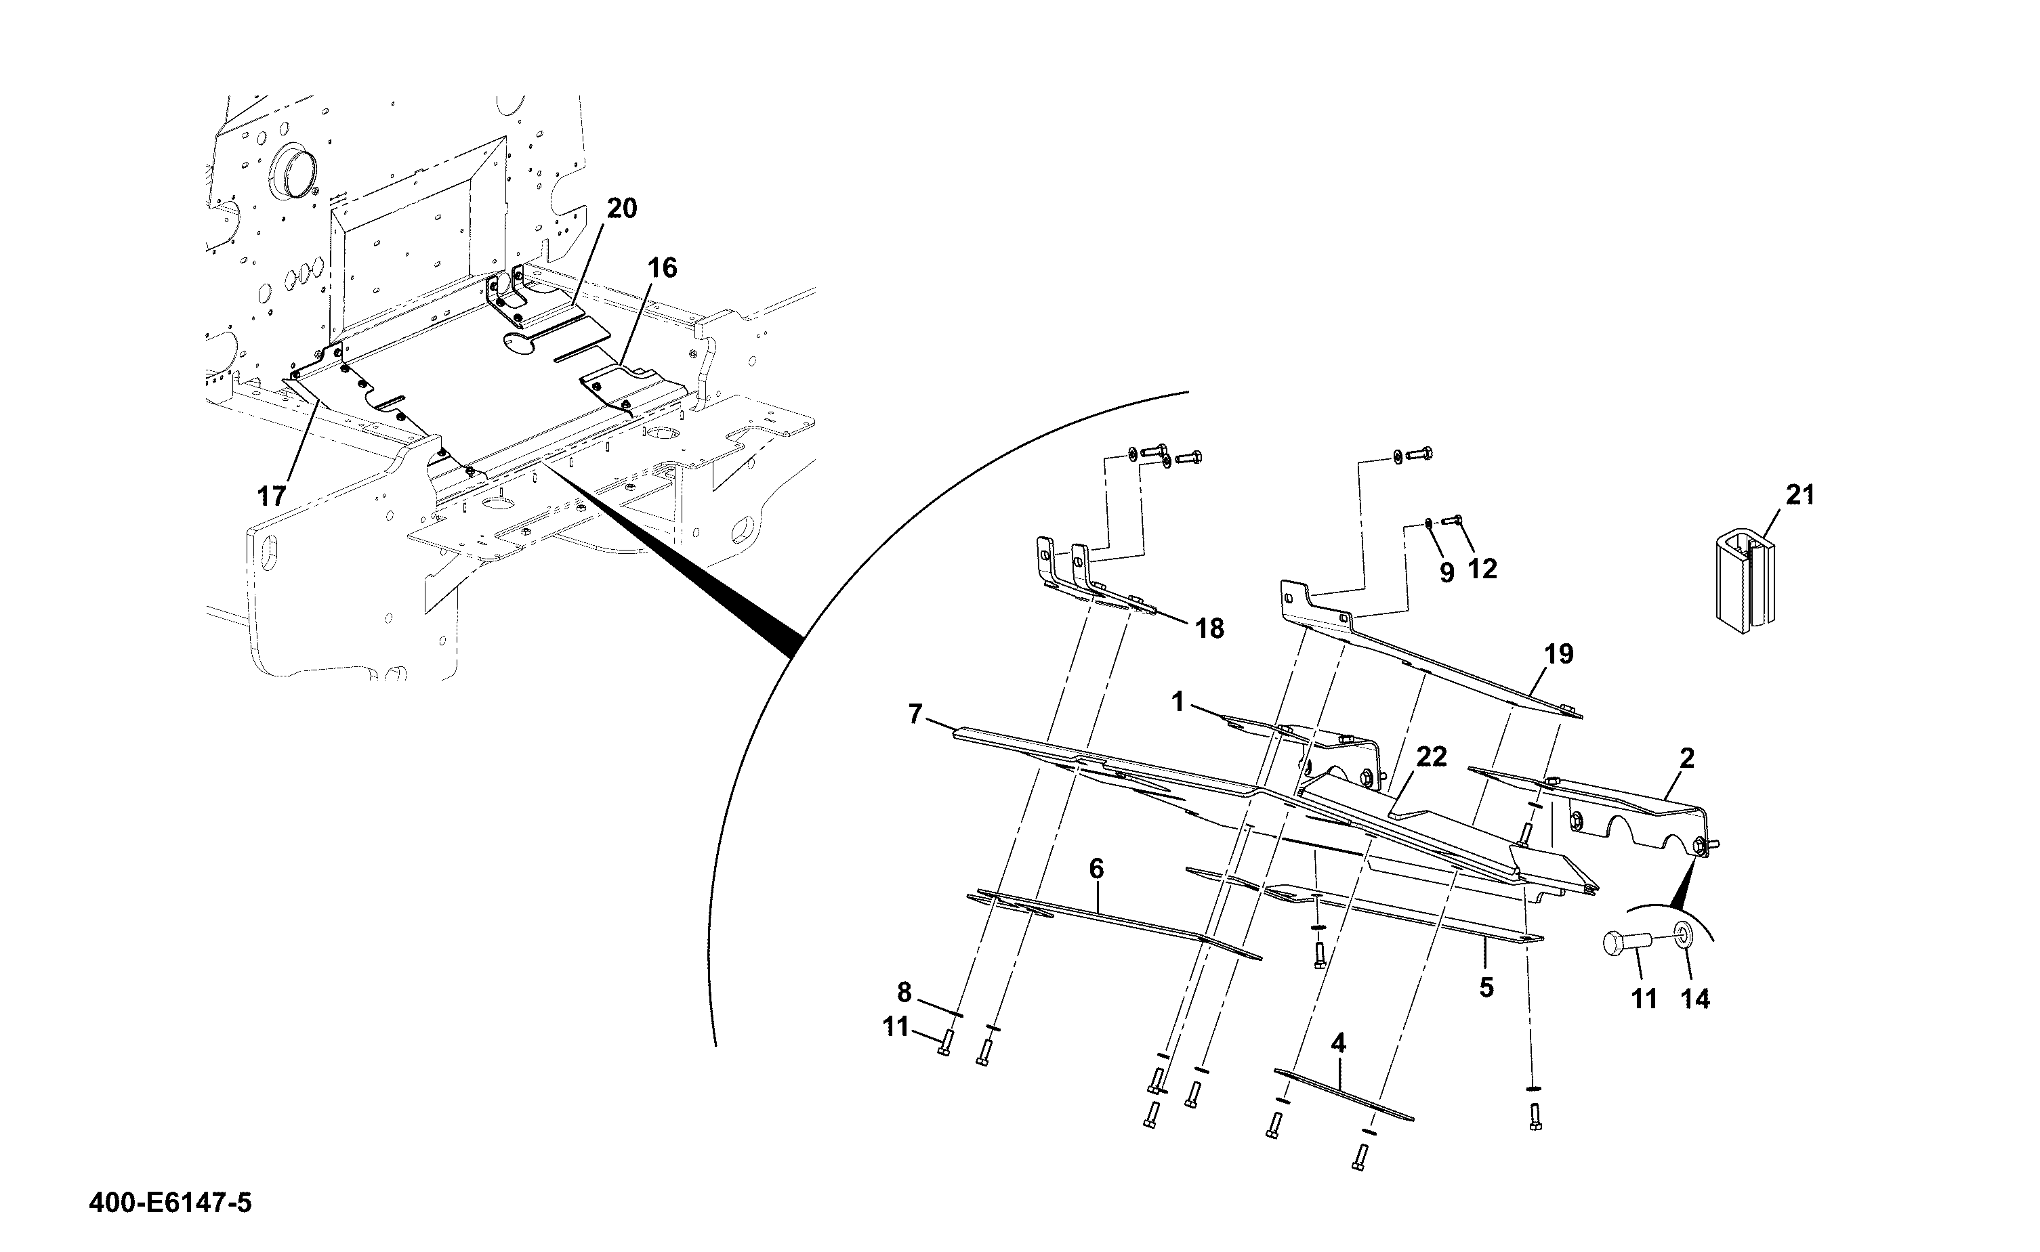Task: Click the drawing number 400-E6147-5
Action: [x=170, y=1203]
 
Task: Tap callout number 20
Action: [x=622, y=209]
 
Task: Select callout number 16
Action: [x=662, y=267]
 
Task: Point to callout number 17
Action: [x=272, y=497]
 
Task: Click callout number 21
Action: [x=1799, y=495]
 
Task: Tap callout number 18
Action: [x=1210, y=629]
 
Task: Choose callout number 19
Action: [x=1559, y=654]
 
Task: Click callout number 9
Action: [x=1446, y=573]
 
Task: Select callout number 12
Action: [x=1482, y=569]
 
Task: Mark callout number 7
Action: [x=915, y=714]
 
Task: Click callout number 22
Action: [x=1431, y=757]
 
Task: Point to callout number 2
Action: [x=1687, y=758]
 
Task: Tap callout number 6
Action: [x=1096, y=869]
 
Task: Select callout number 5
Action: [x=1486, y=988]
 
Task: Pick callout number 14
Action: [x=1695, y=999]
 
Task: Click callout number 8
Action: [x=904, y=992]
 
